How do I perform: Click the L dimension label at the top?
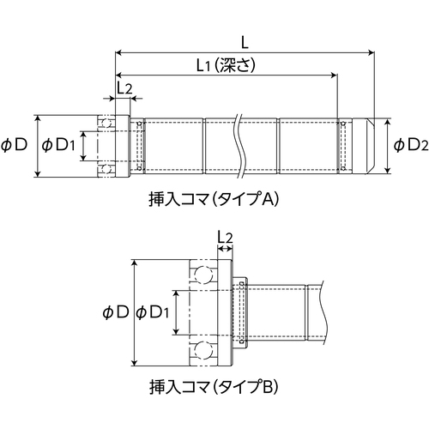pos(245,43)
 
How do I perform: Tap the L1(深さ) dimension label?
pos(226,65)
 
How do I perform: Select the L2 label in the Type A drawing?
pos(124,88)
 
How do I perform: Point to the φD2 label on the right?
pos(411,146)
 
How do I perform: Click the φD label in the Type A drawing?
pos(15,145)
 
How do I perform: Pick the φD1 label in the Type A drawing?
pos(58,145)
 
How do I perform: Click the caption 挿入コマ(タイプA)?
pos(214,199)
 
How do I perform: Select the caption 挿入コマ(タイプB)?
pos(214,387)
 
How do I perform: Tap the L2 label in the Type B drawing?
pos(225,238)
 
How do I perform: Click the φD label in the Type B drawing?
pos(116,312)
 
